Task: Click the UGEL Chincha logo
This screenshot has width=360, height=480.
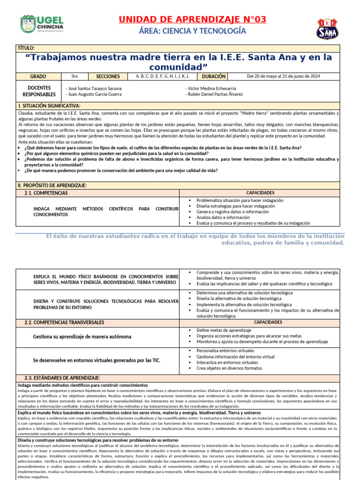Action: [x=42, y=24]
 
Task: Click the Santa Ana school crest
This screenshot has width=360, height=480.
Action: [x=326, y=29]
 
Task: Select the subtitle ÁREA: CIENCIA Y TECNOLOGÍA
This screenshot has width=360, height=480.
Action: [x=192, y=31]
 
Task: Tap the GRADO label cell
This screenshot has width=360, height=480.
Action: [x=38, y=76]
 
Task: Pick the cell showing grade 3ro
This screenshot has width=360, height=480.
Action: [x=75, y=76]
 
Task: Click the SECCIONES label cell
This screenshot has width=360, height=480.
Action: [x=108, y=76]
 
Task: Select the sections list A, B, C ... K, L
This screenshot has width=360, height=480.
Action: [x=162, y=76]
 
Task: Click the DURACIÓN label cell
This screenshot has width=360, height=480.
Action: [x=214, y=76]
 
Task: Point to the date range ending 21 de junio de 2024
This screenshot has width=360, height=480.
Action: [x=283, y=76]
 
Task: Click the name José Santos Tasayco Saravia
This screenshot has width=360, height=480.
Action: [x=94, y=88]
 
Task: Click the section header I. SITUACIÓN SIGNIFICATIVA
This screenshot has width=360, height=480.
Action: [x=49, y=106]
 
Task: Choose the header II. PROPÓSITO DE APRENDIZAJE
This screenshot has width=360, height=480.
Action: [x=52, y=186]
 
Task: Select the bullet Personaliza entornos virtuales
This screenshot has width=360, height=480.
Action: [x=225, y=350]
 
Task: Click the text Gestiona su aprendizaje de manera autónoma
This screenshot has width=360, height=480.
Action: [x=82, y=337]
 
